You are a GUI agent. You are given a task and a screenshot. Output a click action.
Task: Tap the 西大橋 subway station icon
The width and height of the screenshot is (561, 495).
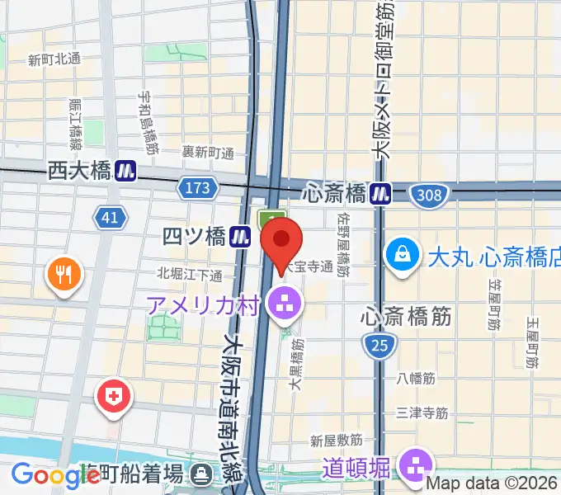pyautogui.click(x=126, y=171)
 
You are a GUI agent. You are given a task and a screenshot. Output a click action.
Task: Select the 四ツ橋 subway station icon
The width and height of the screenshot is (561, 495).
pyautogui.click(x=240, y=237)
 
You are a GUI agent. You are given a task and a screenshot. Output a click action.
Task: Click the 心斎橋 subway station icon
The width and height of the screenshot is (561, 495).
pyautogui.click(x=380, y=194)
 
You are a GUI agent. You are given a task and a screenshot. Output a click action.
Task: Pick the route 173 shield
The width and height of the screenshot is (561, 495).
pyautogui.click(x=198, y=189)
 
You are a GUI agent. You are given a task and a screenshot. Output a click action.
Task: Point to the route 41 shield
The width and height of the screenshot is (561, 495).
pyautogui.click(x=110, y=218)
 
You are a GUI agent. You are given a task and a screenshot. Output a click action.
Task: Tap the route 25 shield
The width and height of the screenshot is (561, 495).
pyautogui.click(x=379, y=346)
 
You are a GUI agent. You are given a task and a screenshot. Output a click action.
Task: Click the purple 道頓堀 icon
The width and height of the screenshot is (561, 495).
pyautogui.click(x=417, y=465)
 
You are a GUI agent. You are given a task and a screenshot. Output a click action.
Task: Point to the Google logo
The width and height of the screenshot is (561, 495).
pyautogui.click(x=51, y=474)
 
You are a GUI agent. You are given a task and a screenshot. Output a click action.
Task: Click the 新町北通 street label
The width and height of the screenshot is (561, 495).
pyautogui.click(x=54, y=59)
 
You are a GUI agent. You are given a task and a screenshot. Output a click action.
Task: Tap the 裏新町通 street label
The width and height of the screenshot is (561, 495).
pyautogui.click(x=209, y=152)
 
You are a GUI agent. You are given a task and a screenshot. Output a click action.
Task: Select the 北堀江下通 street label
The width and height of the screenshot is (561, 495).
pyautogui.click(x=190, y=274)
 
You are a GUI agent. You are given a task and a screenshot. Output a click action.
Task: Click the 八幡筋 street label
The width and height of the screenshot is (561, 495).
pyautogui.click(x=415, y=379)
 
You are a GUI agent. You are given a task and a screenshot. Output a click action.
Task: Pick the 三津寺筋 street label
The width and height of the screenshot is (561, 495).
pyautogui.click(x=422, y=412)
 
